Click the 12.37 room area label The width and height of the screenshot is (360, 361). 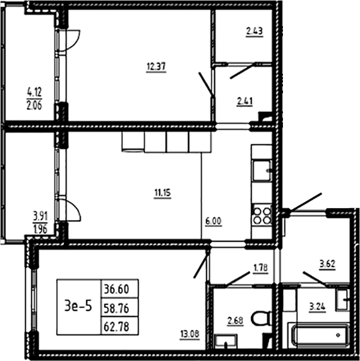pyautogui.click(x=156, y=67)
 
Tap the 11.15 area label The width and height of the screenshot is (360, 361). pyautogui.click(x=163, y=193)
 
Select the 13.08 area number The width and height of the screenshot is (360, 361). pyautogui.click(x=190, y=334)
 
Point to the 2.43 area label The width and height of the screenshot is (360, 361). pyautogui.click(x=255, y=31)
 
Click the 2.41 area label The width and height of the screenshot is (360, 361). pyautogui.click(x=244, y=101)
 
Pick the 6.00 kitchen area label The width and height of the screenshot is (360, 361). pyautogui.click(x=214, y=221)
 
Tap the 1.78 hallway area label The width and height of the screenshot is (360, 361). pyautogui.click(x=261, y=268)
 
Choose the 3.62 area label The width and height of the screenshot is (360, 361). pyautogui.click(x=327, y=264)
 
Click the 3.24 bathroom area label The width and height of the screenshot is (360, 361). pyautogui.click(x=317, y=307)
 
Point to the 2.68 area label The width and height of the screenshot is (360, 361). pyautogui.click(x=235, y=321)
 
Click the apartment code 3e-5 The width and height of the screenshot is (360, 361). pyautogui.click(x=78, y=306)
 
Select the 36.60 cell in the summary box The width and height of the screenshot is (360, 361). pyautogui.click(x=116, y=289)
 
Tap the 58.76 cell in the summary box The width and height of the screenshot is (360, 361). pyautogui.click(x=116, y=308)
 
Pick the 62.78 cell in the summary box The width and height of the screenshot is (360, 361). pyautogui.click(x=116, y=327)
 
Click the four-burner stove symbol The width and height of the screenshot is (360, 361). pyautogui.click(x=262, y=215)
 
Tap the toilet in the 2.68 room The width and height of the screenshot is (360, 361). pyautogui.click(x=261, y=318)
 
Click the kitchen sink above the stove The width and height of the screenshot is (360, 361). pyautogui.click(x=262, y=171)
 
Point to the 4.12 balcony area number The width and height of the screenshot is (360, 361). pyautogui.click(x=34, y=93)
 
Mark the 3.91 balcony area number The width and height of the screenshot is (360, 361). pyautogui.click(x=40, y=217)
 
